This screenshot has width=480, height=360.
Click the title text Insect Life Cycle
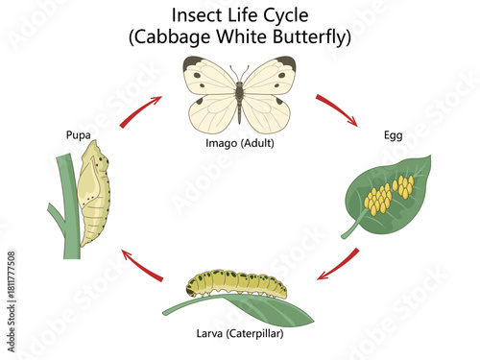(240, 16)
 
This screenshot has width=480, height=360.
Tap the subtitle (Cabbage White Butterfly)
(240, 38)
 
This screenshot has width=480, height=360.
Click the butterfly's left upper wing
(209, 79)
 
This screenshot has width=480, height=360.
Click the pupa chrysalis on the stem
(94, 192)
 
